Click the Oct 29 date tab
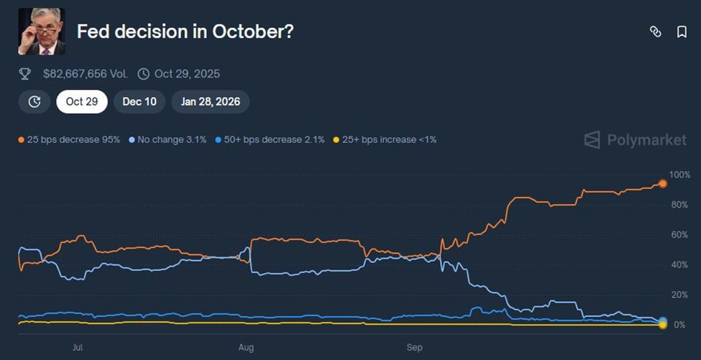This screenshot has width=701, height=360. [x=81, y=101]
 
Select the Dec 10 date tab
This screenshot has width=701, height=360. [x=139, y=101]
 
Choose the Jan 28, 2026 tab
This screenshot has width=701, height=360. [x=210, y=101]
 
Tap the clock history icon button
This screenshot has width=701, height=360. [x=35, y=101]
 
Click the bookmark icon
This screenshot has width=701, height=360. [x=682, y=32]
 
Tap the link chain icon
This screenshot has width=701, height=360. [x=655, y=32]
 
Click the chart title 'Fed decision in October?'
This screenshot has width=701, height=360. [x=185, y=32]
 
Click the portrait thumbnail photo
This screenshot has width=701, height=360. [x=41, y=32]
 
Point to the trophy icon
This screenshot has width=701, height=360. [x=25, y=73]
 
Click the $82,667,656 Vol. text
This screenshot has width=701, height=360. [x=85, y=73]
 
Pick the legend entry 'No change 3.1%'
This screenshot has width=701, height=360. [x=168, y=139]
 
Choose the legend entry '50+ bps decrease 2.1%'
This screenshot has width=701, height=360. [x=270, y=139]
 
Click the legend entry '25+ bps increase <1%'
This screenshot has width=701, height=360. [x=385, y=139]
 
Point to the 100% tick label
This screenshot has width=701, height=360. [x=679, y=175]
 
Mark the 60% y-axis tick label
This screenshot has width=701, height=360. [x=679, y=235]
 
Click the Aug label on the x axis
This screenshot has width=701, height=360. [x=246, y=347]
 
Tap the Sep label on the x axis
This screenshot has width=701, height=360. [x=415, y=347]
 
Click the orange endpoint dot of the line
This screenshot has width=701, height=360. [x=662, y=184]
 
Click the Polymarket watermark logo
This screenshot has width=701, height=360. [x=635, y=139]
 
